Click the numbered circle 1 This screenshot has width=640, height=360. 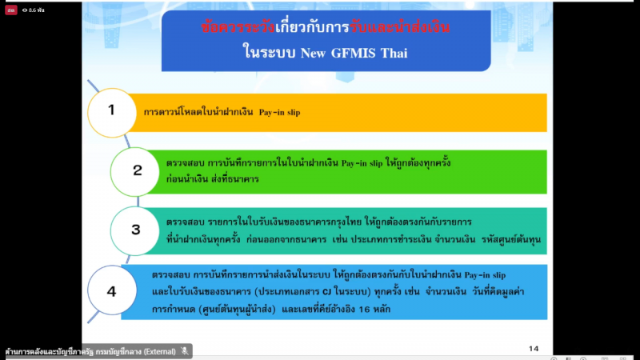(112, 113)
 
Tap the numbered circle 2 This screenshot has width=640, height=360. (134, 172)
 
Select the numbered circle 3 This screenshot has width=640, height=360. (134, 231)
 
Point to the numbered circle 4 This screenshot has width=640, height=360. (112, 290)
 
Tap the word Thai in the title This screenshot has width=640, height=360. (394, 53)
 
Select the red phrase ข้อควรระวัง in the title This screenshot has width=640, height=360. (238, 27)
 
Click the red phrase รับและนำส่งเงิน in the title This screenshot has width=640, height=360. (399, 27)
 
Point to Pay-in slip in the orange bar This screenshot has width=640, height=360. (279, 112)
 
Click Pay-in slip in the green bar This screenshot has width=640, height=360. (362, 163)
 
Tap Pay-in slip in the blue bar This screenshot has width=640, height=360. (485, 275)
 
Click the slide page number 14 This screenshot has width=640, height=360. (534, 349)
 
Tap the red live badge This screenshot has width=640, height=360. (11, 10)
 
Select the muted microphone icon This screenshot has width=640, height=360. (185, 351)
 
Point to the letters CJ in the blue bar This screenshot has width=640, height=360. (327, 292)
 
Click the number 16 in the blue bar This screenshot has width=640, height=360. (364, 310)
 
